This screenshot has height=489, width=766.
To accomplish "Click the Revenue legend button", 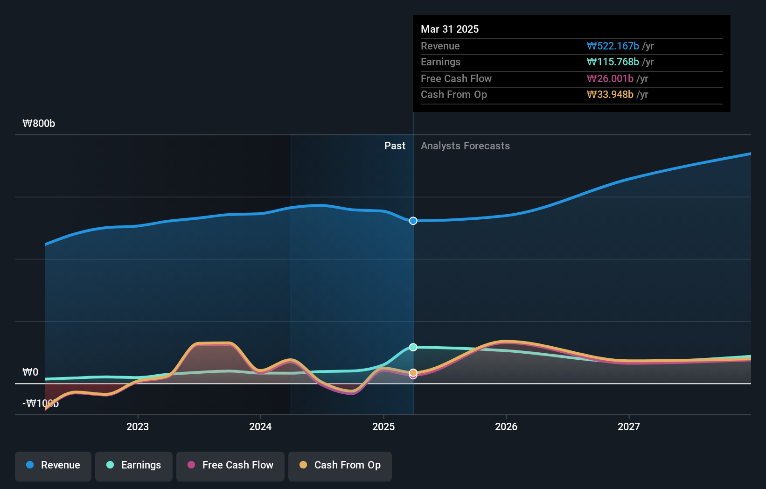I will coord(53,465).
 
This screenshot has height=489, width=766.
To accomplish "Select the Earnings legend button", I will coord(134,465).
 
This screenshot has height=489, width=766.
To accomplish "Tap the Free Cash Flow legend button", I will coord(230,465).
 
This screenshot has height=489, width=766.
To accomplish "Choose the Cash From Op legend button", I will coord(340,465).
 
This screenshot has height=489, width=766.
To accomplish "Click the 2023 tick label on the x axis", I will coord(138,426).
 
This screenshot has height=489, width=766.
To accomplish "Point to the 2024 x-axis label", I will coord(260,426).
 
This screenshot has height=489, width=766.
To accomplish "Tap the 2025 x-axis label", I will coord(383,426).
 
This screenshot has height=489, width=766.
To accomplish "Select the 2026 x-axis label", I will coord(506,426).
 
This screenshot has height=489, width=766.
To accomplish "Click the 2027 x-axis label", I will coord(629,426).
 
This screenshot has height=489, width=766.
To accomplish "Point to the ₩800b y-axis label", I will coord(39,124).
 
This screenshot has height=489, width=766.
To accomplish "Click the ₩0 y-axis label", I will coord(31,372).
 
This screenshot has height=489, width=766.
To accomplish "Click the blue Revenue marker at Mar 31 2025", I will coord(413,221).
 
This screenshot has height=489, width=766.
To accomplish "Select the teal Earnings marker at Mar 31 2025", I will coord(413,347).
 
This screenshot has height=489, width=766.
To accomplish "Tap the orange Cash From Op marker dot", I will coord(413,372).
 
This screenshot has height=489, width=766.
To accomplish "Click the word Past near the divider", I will coord(395,146).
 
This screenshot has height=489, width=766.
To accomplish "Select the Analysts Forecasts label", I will coord(465,146).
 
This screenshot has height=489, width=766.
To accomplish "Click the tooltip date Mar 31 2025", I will coord(450,29).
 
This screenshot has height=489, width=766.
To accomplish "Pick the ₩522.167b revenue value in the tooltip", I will coord(613,46).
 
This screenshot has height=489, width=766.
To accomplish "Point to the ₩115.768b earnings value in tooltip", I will coord(613,62).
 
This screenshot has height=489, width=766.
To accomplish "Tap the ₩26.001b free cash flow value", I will coord(610,79).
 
